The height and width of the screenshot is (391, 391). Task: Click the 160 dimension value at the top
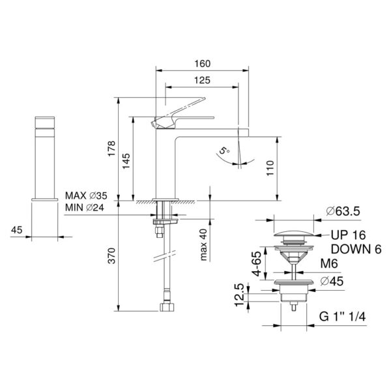click(x=202, y=65)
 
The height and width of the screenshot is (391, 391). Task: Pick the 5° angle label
click(x=224, y=152)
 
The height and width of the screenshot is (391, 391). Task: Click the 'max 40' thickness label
click(x=205, y=244)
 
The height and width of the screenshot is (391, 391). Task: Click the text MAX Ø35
click(x=87, y=196)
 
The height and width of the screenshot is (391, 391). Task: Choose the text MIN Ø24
click(x=86, y=208)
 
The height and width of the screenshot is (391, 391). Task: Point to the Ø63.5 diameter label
click(x=343, y=212)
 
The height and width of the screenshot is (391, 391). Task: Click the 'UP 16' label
click(x=347, y=236)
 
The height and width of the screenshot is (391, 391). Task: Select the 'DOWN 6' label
click(x=356, y=249)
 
